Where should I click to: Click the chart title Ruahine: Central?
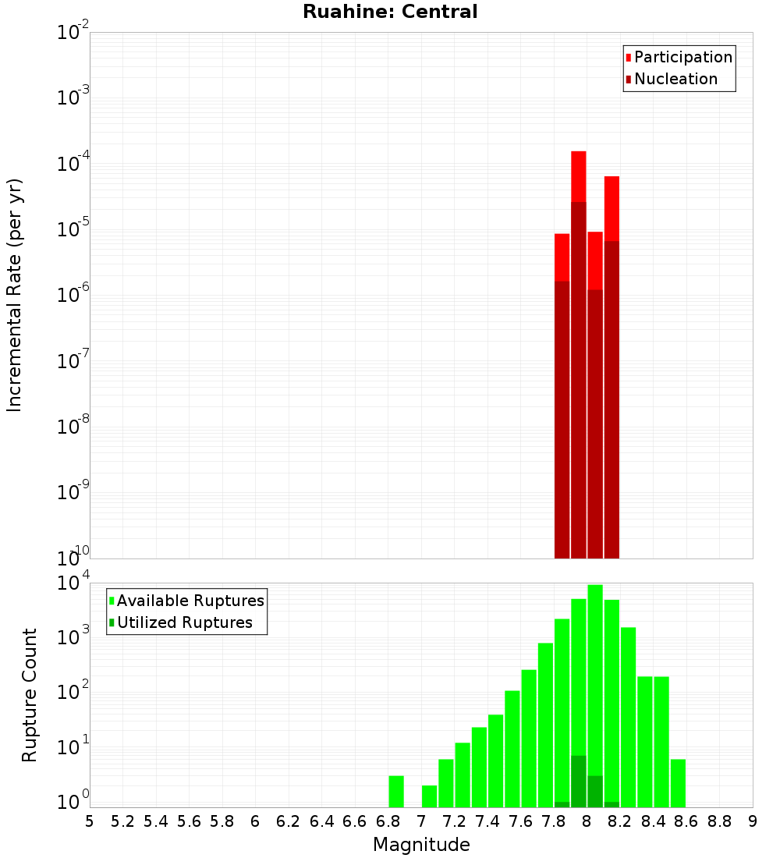click(390, 12)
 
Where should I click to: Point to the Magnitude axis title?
click(421, 845)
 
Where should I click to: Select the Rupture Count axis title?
click(30, 695)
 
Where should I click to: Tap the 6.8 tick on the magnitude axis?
click(388, 821)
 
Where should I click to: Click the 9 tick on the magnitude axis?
click(753, 821)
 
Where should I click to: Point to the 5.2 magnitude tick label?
click(122, 821)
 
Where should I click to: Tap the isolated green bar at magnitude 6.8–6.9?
click(396, 791)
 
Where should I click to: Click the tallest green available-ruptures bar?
click(595, 694)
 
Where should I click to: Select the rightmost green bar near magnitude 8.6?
click(678, 783)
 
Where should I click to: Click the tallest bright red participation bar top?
click(579, 175)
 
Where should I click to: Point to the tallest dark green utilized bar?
click(579, 781)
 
